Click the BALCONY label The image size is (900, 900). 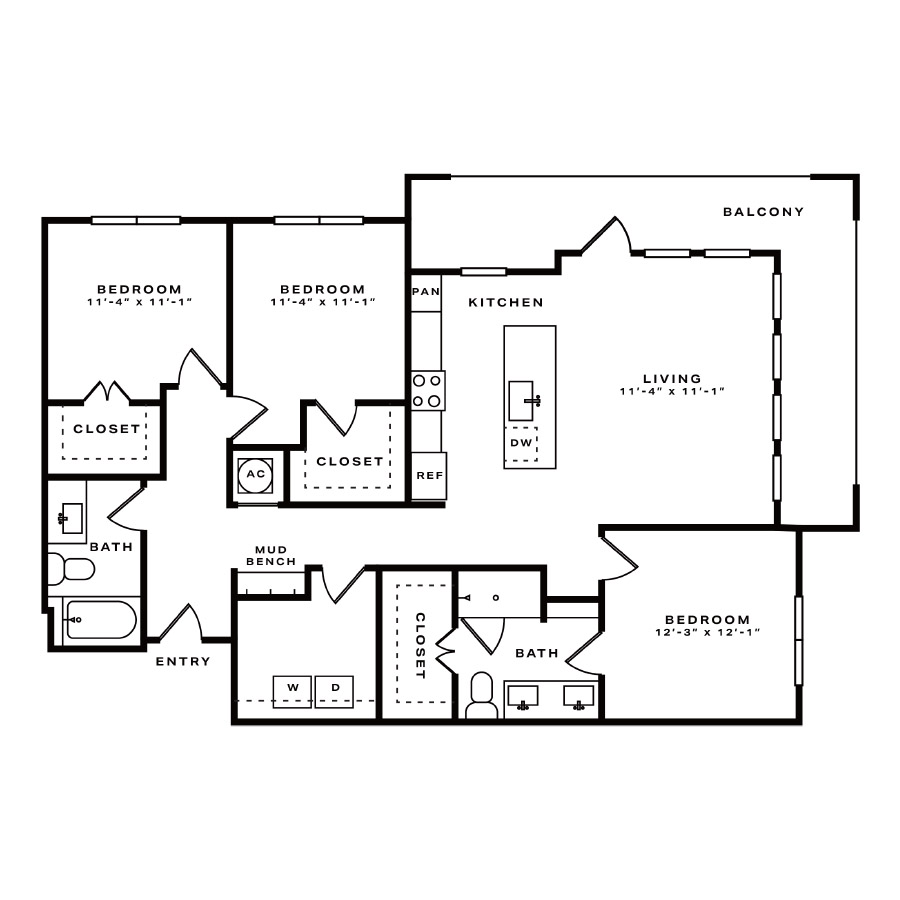pyautogui.click(x=763, y=212)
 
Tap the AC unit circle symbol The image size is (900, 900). pyautogui.click(x=255, y=475)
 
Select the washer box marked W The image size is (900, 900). pyautogui.click(x=292, y=691)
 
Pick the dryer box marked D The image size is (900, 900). pyautogui.click(x=335, y=691)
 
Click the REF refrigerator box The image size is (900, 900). pyautogui.click(x=429, y=476)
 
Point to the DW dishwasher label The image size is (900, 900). pyautogui.click(x=521, y=443)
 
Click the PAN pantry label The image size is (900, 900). pyautogui.click(x=426, y=292)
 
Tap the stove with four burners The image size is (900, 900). pyautogui.click(x=428, y=390)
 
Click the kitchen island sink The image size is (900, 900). pyautogui.click(x=523, y=400)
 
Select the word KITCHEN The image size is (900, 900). pyautogui.click(x=506, y=302)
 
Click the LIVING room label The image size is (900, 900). pyautogui.click(x=672, y=379)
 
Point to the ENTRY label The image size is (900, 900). pyautogui.click(x=183, y=661)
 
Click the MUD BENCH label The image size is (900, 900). pyautogui.click(x=271, y=556)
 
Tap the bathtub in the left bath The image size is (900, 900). pyautogui.click(x=101, y=620)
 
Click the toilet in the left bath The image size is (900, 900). pyautogui.click(x=71, y=569)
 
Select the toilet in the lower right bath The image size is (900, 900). pyautogui.click(x=482, y=695)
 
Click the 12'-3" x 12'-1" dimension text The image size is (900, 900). pyautogui.click(x=708, y=633)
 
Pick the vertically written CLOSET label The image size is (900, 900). pyautogui.click(x=420, y=646)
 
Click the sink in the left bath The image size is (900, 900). pyautogui.click(x=70, y=518)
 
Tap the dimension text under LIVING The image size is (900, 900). pyautogui.click(x=672, y=391)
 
